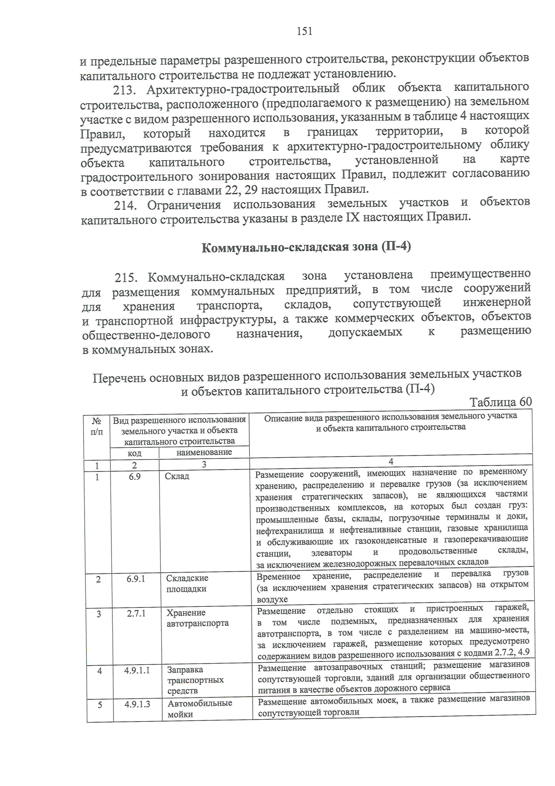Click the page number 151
click(x=304, y=31)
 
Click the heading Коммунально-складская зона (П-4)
click(x=306, y=247)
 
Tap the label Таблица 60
click(x=500, y=402)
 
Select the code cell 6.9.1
click(x=136, y=578)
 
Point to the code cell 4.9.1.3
click(x=137, y=704)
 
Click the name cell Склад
click(x=177, y=476)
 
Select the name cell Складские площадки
click(x=187, y=584)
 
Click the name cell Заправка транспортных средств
click(x=195, y=680)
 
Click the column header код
click(x=134, y=453)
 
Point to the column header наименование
click(x=204, y=452)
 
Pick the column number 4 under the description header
click(x=391, y=461)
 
